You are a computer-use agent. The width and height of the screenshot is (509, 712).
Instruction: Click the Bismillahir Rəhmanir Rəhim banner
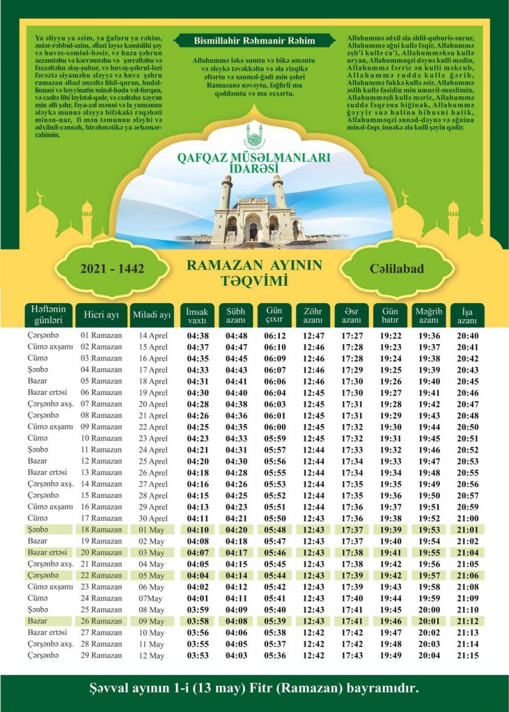(254, 40)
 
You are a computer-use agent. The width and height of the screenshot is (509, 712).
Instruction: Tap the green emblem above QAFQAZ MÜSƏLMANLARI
(254, 134)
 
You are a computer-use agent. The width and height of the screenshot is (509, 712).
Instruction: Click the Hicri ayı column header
(102, 316)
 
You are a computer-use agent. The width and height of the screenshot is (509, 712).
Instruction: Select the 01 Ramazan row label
(102, 336)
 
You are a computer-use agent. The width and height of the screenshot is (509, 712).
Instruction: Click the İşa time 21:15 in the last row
(467, 656)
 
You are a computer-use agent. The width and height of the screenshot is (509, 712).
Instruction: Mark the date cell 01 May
(152, 529)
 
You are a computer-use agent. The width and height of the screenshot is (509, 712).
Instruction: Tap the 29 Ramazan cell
(102, 656)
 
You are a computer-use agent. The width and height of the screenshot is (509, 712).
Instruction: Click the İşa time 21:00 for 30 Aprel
(467, 518)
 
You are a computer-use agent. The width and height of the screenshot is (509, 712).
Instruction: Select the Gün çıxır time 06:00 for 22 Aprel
(276, 427)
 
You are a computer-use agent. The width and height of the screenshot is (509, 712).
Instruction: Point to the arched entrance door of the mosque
(253, 229)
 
